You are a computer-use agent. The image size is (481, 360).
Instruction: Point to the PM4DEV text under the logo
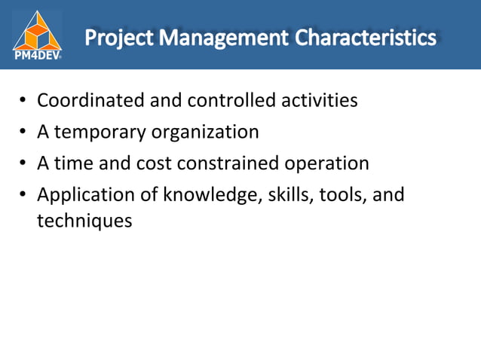[37, 54]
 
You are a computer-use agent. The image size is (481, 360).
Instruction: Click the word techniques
[84, 222]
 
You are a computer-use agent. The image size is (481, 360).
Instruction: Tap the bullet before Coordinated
[23, 101]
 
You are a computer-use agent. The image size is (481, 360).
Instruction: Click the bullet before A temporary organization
[23, 133]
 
